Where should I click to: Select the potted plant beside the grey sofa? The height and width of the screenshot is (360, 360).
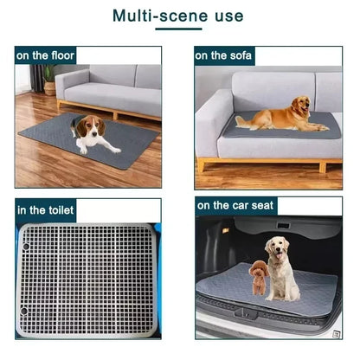[49, 80]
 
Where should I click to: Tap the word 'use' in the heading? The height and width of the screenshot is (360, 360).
[227, 16]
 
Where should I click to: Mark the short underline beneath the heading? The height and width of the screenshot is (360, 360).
[179, 30]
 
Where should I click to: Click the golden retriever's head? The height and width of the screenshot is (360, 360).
[300, 106]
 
